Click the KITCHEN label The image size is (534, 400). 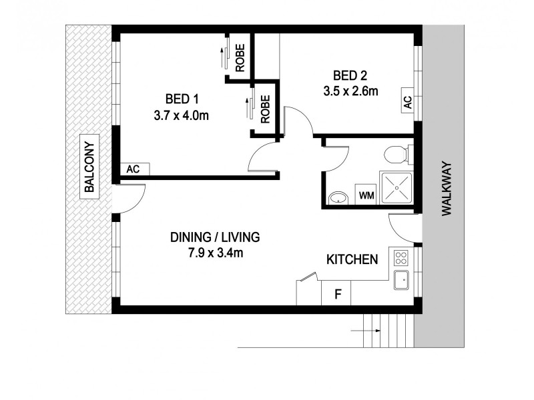[x=352, y=259]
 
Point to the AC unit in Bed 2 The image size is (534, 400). [x=407, y=102]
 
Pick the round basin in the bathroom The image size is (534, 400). [x=338, y=198]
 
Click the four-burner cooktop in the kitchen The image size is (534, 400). [x=402, y=257]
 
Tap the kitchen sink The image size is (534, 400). [x=402, y=281]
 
